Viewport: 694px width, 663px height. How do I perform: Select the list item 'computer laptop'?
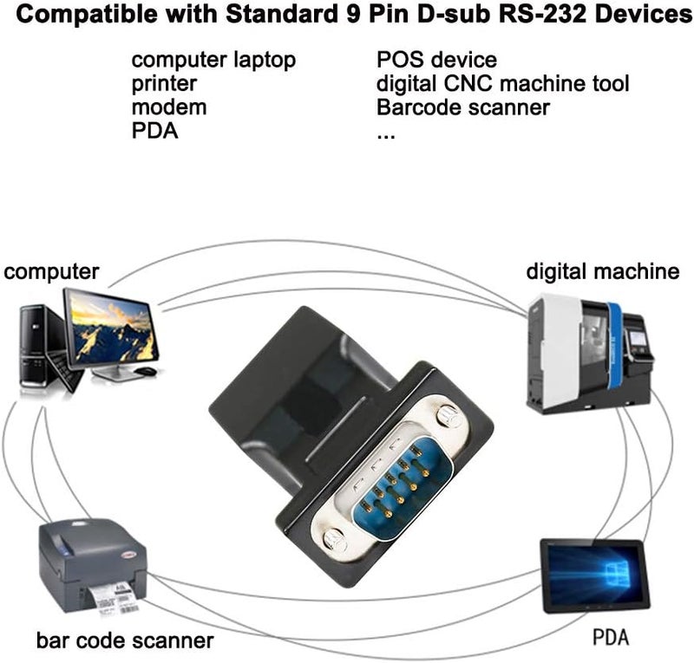point(213,61)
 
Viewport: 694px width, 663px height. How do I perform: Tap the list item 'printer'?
point(164,84)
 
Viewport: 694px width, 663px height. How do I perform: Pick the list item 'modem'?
point(169,107)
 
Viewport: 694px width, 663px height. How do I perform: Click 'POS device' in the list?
point(436,61)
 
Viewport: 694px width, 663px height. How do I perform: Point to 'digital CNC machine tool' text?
point(502,84)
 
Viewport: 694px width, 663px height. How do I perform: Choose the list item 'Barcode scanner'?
point(463,107)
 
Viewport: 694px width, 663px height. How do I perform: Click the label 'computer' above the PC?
point(52,272)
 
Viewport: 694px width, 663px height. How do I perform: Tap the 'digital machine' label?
point(602,272)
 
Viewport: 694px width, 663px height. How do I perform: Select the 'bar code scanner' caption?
point(125,641)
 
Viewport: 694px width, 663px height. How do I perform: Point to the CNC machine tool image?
point(590,351)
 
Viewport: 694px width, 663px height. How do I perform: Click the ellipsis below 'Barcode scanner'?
point(386,135)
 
